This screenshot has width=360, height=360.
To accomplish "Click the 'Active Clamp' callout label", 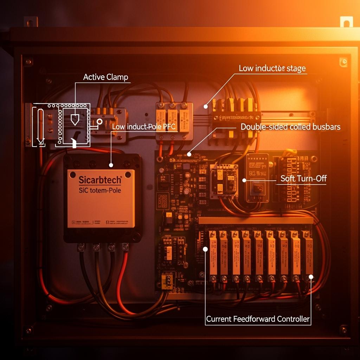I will (105, 77).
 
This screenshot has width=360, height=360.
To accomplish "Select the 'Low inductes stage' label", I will (272, 68).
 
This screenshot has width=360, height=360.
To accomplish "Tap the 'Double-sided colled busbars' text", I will (290, 127).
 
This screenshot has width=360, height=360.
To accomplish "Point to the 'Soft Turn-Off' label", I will (303, 178).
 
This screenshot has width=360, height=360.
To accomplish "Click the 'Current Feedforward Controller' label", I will (258, 319).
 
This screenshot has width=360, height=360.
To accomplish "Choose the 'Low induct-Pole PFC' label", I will (143, 127).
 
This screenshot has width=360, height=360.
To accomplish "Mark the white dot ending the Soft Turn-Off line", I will (244, 180).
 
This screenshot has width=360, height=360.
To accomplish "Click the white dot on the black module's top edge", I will (111, 165).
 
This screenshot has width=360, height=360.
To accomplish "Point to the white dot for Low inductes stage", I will (206, 106).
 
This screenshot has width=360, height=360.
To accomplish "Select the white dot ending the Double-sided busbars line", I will (189, 154).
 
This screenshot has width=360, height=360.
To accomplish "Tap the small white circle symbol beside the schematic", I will (99, 122).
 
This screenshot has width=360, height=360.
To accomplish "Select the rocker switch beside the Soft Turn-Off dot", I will (258, 189).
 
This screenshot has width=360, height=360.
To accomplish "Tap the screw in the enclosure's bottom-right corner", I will (343, 329).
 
